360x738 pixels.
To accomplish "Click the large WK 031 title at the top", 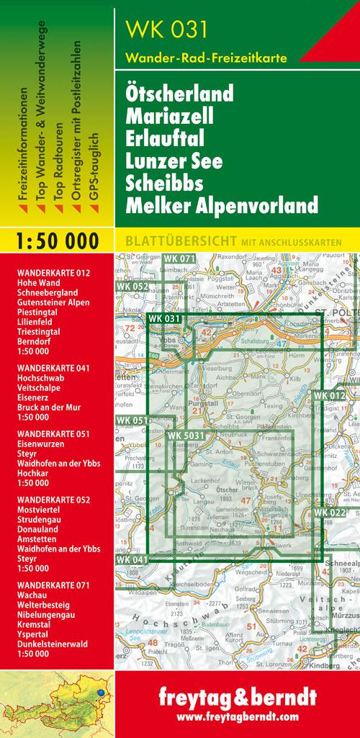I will (x=167, y=30).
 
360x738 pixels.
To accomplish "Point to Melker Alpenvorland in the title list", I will (x=221, y=207).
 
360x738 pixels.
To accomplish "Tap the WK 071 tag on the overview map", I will (x=179, y=258).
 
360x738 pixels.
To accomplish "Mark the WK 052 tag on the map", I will (x=131, y=287).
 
